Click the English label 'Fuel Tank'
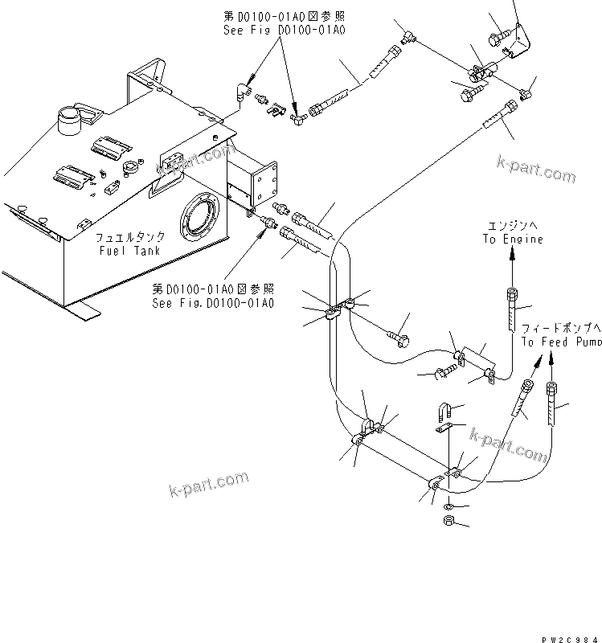click(x=129, y=251)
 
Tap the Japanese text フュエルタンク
click(x=131, y=238)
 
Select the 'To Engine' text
click(x=513, y=239)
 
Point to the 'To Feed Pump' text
click(x=561, y=342)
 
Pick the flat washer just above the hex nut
click(x=448, y=506)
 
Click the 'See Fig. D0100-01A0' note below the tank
click(x=213, y=297)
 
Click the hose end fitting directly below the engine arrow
click(x=514, y=309)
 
